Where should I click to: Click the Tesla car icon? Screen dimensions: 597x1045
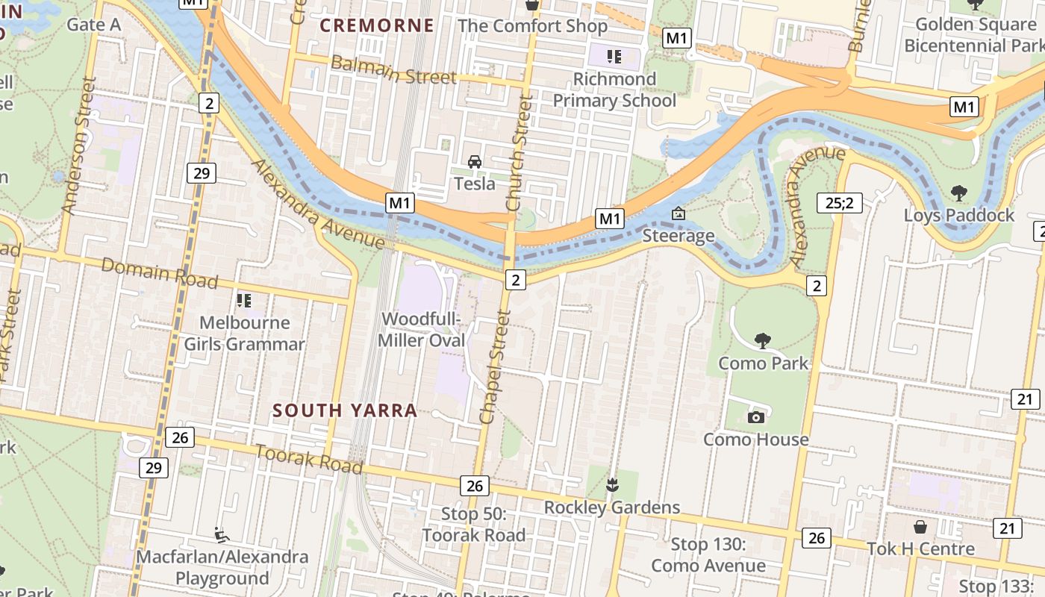[474, 161]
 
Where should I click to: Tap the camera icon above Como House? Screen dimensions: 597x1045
[756, 417]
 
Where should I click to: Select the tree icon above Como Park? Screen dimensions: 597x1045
[762, 341]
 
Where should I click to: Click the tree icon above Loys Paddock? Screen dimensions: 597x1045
[959, 193]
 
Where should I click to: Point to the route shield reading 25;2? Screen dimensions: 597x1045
[840, 202]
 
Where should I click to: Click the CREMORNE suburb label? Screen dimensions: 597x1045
[377, 25]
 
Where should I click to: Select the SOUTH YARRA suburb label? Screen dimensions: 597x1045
[345, 410]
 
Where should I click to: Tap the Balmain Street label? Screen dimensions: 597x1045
[393, 69]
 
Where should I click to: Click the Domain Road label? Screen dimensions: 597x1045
[159, 273]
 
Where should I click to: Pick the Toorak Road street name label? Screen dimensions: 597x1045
[309, 458]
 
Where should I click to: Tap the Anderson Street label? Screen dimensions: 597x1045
[80, 146]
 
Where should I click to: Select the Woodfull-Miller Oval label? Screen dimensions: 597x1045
[422, 330]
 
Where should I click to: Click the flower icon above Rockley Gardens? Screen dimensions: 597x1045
[612, 485]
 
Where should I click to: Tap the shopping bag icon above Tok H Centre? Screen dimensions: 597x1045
[920, 527]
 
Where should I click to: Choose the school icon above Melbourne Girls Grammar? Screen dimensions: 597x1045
[243, 301]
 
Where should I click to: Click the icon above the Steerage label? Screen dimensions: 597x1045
[679, 214]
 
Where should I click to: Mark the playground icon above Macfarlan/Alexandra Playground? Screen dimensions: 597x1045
[222, 534]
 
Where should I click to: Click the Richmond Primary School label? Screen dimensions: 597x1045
[614, 90]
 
